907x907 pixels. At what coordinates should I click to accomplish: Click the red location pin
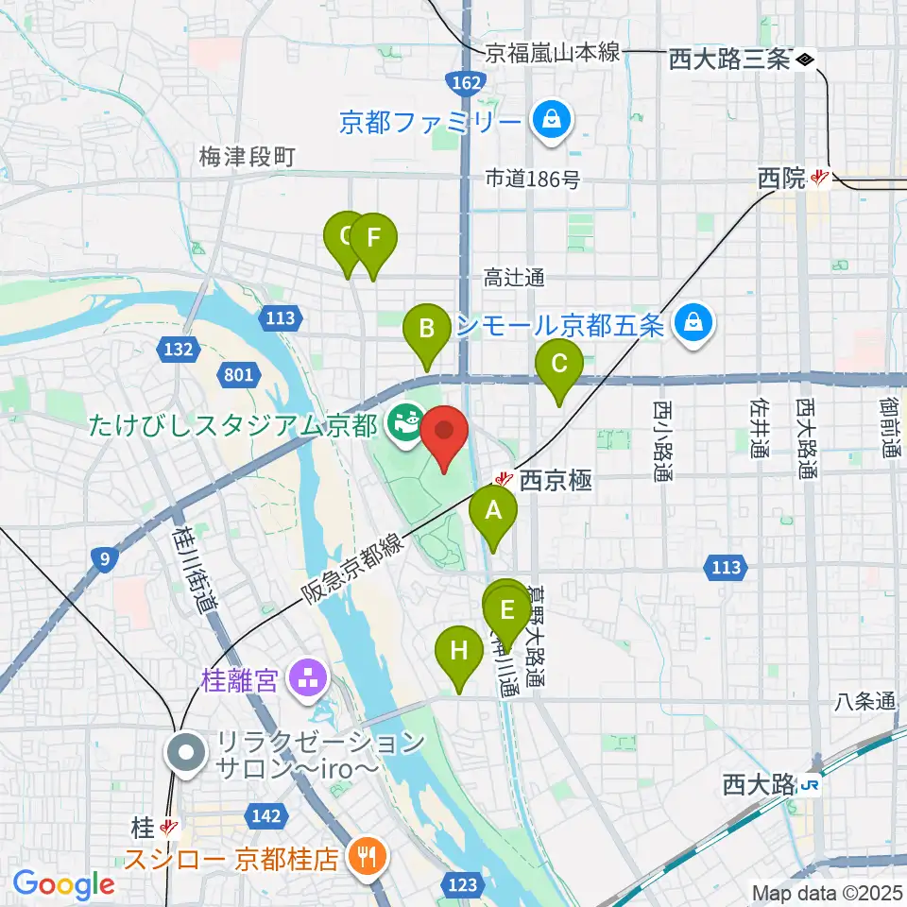click(444, 435)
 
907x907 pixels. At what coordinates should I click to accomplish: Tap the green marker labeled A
click(493, 513)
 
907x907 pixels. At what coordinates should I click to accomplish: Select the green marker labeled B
click(427, 331)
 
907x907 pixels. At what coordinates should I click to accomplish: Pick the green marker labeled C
click(558, 365)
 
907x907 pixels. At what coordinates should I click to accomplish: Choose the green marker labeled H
click(458, 653)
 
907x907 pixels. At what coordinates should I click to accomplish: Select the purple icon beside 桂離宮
click(306, 676)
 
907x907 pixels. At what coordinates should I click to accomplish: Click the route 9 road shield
click(107, 560)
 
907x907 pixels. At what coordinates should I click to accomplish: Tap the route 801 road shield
click(239, 376)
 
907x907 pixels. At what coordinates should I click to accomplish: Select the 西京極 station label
click(556, 481)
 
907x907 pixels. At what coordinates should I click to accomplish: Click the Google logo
click(64, 884)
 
